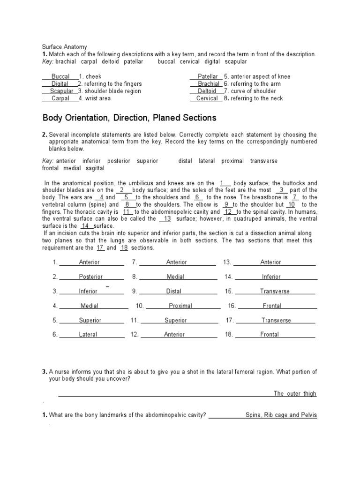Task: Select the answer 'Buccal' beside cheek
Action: pyautogui.click(x=60, y=76)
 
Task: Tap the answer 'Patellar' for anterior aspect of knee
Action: pyautogui.click(x=208, y=76)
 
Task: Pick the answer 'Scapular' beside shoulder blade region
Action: pyautogui.click(x=62, y=91)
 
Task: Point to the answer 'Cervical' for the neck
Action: pyautogui.click(x=207, y=98)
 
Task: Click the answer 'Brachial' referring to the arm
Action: pyautogui.click(x=208, y=84)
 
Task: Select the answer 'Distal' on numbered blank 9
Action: pyautogui.click(x=173, y=291)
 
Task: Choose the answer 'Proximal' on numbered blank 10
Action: pyautogui.click(x=180, y=306)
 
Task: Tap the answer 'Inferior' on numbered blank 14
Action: pyautogui.click(x=271, y=277)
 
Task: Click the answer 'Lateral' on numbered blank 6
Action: pyautogui.click(x=88, y=335)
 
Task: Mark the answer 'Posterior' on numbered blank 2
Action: pyautogui.click(x=90, y=277)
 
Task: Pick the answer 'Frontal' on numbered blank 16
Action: pyautogui.click(x=272, y=306)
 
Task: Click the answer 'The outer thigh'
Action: pyautogui.click(x=295, y=394)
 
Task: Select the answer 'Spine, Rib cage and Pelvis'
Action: pyautogui.click(x=281, y=415)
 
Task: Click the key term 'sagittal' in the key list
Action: pyautogui.click(x=95, y=168)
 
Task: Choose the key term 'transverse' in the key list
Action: pyautogui.click(x=264, y=161)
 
